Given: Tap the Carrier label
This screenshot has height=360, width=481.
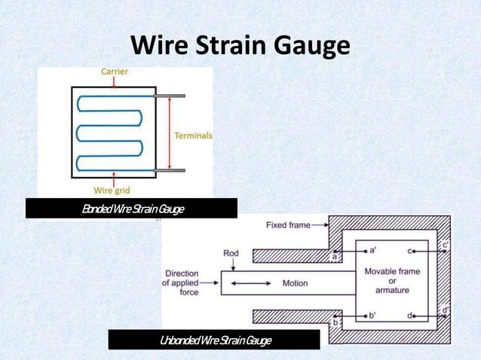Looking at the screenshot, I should pyautogui.click(x=115, y=72).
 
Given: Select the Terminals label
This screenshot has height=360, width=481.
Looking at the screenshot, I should pyautogui.click(x=193, y=136).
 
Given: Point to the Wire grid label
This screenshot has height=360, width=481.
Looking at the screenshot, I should pyautogui.click(x=114, y=190).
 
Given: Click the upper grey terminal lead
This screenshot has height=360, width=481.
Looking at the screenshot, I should pyautogui.click(x=170, y=96).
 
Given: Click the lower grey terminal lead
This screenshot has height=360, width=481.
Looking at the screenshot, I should pyautogui.click(x=170, y=170).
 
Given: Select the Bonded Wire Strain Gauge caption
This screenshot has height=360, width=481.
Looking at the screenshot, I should pyautogui.click(x=133, y=208).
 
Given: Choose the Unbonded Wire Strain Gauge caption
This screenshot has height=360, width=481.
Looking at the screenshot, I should pyautogui.click(x=215, y=340).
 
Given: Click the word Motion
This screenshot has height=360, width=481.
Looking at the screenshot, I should pyautogui.click(x=295, y=284).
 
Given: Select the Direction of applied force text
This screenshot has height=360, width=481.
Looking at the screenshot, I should pyautogui.click(x=181, y=282).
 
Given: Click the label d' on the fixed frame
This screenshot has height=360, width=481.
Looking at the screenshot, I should pyautogui.click(x=446, y=310).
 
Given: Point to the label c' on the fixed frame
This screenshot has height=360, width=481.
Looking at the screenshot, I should pyautogui.click(x=446, y=245).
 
